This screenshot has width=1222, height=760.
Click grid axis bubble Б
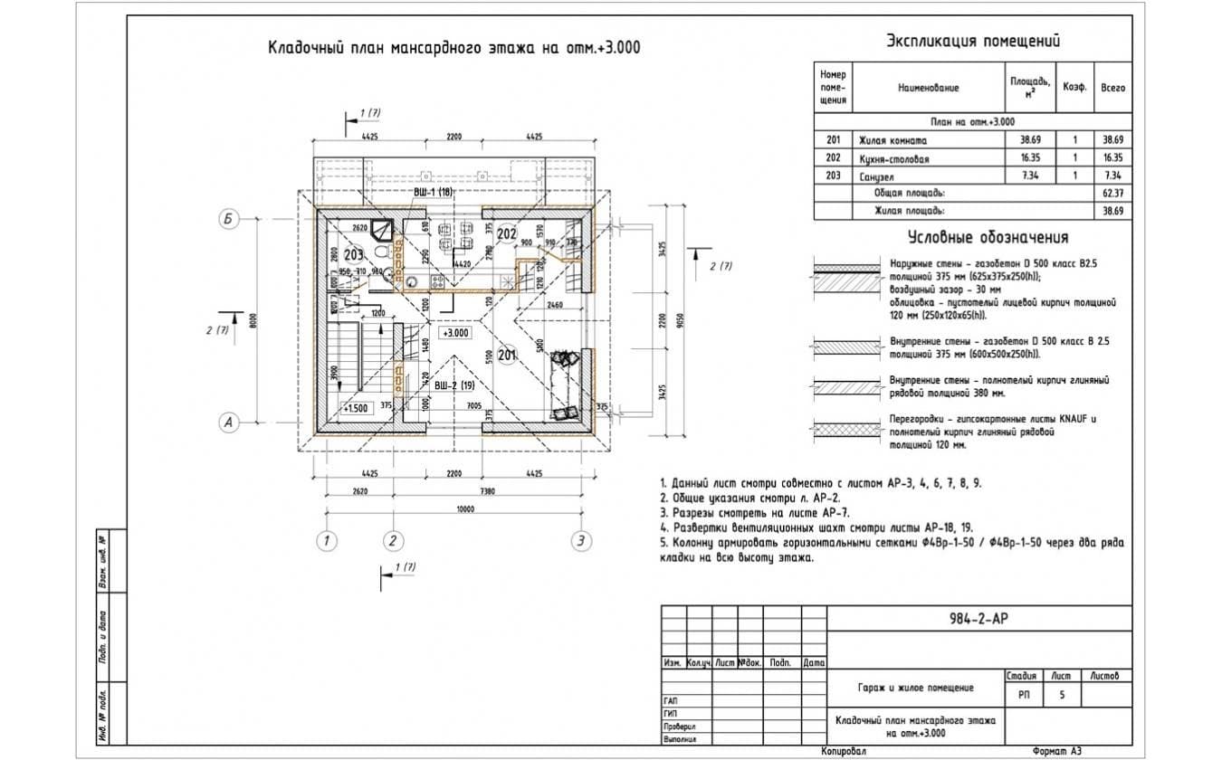tap(229, 218)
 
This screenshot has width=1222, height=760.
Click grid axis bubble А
tap(229, 422)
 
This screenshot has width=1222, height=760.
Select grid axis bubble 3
tap(580, 541)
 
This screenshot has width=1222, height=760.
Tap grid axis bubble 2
tap(392, 541)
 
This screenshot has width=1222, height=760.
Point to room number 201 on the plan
tap(506, 355)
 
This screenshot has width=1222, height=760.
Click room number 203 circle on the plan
tap(354, 254)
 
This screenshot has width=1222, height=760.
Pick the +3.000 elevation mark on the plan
tap(455, 332)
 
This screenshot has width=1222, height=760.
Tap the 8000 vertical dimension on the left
tap(254, 320)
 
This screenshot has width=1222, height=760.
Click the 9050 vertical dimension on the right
tap(677, 320)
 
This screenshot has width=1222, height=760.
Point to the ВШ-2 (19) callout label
tap(454, 386)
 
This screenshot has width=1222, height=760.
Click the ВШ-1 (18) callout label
tap(433, 193)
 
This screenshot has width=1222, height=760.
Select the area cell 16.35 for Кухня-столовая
tap(1030, 158)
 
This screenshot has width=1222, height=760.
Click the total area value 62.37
tap(1112, 194)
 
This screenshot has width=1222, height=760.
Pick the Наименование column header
tap(928, 89)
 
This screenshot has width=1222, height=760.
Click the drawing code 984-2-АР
tap(979, 619)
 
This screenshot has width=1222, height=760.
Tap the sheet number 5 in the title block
tap(1061, 696)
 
